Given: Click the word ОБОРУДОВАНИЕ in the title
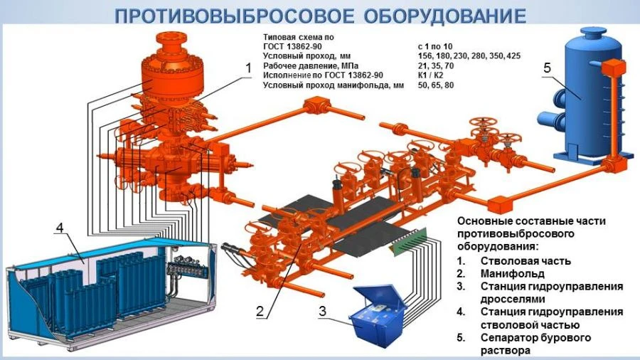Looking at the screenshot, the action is click(444, 16).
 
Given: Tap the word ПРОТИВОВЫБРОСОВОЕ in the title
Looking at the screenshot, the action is click(234, 16).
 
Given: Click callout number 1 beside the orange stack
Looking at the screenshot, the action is click(248, 68).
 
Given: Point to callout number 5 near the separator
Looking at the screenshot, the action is click(548, 68).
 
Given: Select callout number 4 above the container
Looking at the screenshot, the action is click(60, 228).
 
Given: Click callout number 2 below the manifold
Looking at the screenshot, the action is click(260, 311).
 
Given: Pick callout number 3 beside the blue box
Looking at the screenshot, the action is click(322, 311).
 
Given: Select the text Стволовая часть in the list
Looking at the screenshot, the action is click(526, 261).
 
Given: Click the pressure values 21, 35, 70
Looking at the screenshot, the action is click(436, 65).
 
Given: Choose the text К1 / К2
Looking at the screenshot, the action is click(431, 75).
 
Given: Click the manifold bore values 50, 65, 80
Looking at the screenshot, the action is click(436, 85).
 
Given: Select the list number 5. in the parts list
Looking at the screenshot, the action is click(462, 338).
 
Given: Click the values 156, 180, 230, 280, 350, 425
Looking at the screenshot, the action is click(469, 56).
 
